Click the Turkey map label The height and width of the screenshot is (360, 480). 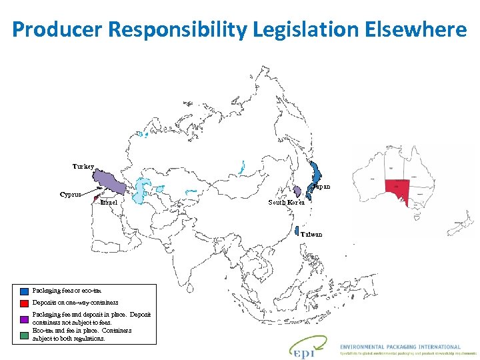[84, 165]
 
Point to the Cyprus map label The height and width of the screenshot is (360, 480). [71, 195]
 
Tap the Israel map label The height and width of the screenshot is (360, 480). [109, 202]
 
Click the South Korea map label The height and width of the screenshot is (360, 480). [287, 202]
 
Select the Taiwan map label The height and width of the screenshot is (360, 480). [311, 234]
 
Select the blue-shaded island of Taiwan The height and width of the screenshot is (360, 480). [297, 231]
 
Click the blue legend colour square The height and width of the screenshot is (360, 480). [25, 291]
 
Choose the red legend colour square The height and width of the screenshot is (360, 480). [25, 303]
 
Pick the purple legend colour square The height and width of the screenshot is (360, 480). [25, 319]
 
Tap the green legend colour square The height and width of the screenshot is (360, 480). [25, 335]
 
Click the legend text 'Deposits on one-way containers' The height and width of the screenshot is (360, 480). [75, 303]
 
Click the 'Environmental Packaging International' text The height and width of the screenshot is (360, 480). [400, 347]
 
